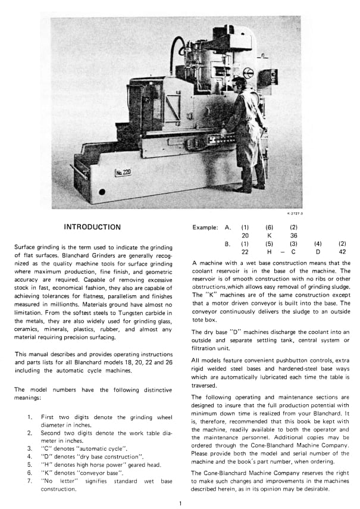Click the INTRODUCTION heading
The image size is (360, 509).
[x=92, y=227]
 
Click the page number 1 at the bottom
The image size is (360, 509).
[x=180, y=504]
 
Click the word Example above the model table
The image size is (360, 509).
[x=205, y=227]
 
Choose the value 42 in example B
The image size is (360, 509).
[x=342, y=251]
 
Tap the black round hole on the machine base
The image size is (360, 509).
[x=102, y=192]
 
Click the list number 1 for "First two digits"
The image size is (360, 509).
[x=29, y=417]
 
